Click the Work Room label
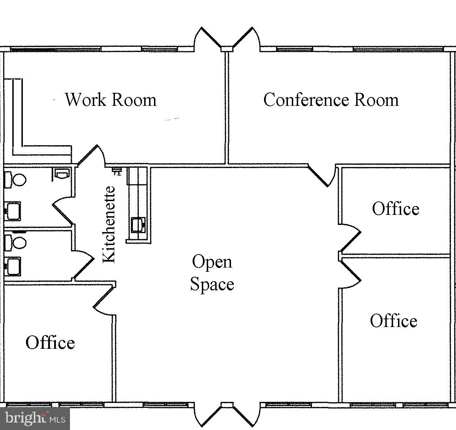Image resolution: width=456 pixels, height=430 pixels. point(110,100)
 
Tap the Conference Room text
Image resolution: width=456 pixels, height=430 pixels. point(331,100)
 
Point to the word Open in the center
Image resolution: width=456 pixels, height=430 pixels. point(212,262)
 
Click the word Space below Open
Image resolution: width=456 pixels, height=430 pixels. point(212,284)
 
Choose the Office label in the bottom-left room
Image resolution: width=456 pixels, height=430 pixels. point(50,342)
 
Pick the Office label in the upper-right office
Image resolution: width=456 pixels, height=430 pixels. point(396,209)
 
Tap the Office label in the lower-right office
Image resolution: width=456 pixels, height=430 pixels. point(393,321)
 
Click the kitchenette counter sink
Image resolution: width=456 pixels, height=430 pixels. point(138,225)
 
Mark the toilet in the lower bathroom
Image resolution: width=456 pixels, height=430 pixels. point(16,243)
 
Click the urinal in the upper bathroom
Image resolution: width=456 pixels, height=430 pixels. point(62,174)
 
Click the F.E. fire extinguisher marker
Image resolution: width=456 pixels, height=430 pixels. point(117,172)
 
